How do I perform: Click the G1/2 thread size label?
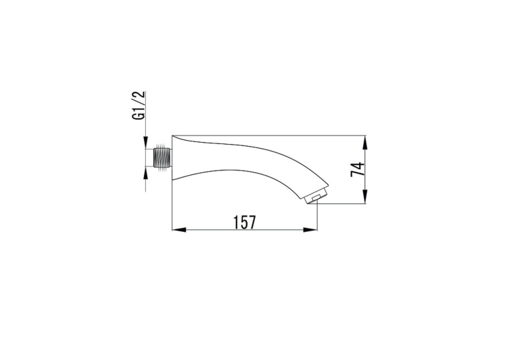click(139, 106)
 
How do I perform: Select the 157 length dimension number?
click(244, 222)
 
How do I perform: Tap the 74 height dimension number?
click(358, 170)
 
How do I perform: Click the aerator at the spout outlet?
click(316, 196)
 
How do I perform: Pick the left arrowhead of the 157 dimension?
click(179, 230)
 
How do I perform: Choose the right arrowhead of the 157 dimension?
click(310, 230)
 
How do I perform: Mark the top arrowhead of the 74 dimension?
click(365, 143)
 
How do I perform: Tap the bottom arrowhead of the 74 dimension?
click(365, 197)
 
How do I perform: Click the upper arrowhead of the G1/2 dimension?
click(145, 142)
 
